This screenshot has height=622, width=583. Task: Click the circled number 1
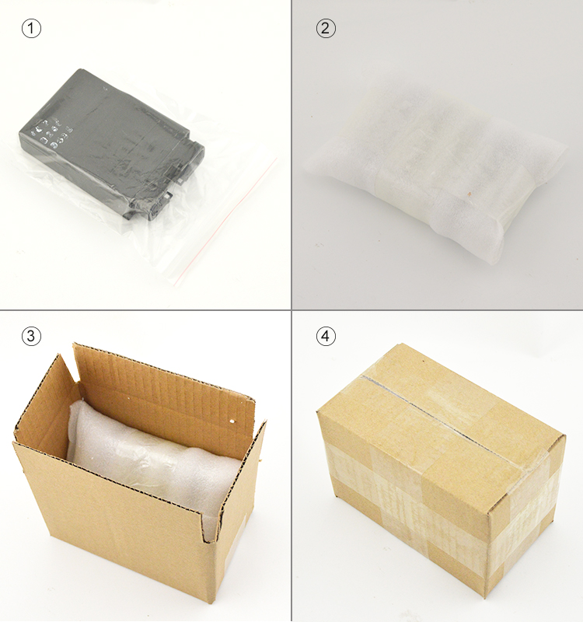(30, 29)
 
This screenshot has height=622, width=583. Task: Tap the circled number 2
(326, 29)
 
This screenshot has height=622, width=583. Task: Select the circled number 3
(30, 336)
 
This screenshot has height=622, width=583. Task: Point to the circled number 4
(326, 336)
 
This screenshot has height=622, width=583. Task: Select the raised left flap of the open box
(47, 404)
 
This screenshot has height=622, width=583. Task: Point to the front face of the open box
(109, 529)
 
